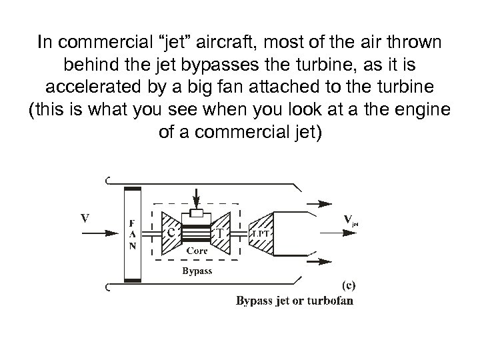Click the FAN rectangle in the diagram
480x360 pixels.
tap(133, 235)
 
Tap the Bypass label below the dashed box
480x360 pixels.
tap(198, 271)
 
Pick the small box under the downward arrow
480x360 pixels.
tap(196, 213)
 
